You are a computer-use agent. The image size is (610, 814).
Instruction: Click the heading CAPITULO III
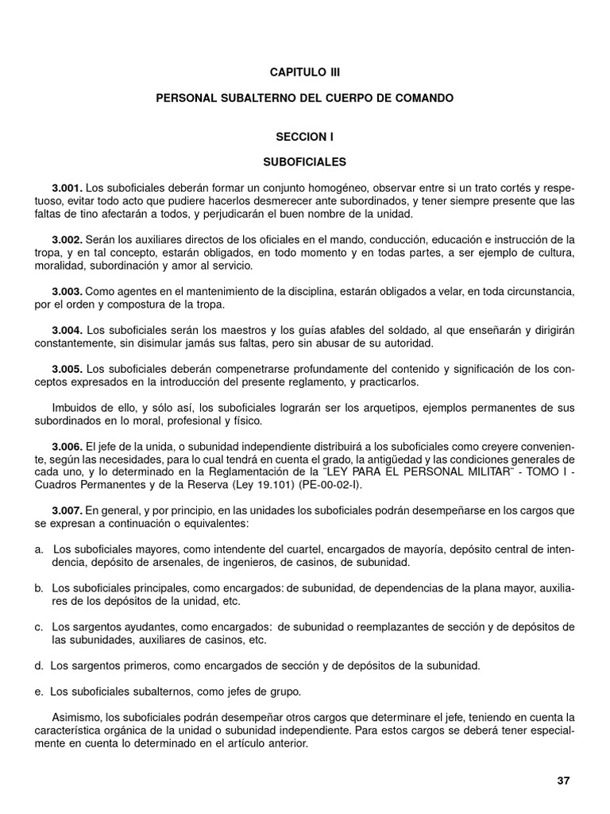tap(304, 72)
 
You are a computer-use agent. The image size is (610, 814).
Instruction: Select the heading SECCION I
tap(304, 137)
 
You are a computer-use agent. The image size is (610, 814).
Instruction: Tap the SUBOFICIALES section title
tap(304, 162)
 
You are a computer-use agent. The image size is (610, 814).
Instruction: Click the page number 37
tap(563, 781)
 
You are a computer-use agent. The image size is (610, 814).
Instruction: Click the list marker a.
tap(38, 549)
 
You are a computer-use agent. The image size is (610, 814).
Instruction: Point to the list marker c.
tap(38, 627)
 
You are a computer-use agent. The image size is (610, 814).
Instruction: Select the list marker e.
tap(38, 691)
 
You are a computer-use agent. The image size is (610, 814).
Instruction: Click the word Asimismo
tap(78, 718)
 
